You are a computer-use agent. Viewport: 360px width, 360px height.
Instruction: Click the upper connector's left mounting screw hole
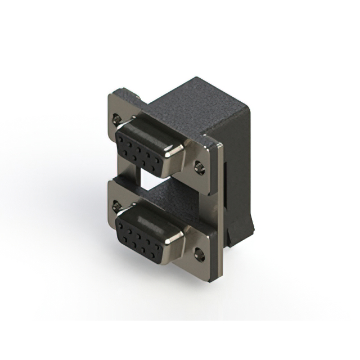tap(117, 119)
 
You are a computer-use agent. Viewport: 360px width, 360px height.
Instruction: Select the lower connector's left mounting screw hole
tap(117, 206)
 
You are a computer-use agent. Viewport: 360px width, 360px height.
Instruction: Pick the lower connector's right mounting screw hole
tap(199, 255)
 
